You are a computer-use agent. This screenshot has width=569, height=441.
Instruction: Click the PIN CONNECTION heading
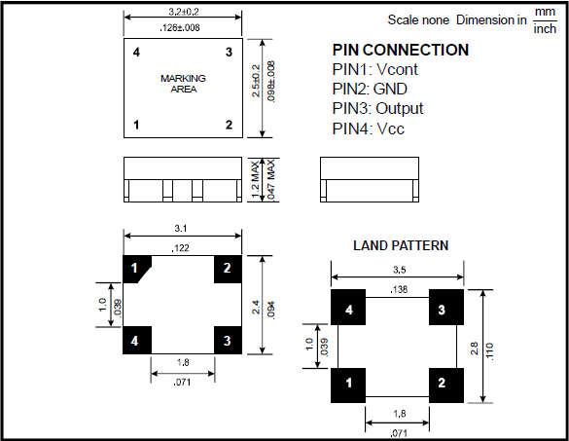pos(401,50)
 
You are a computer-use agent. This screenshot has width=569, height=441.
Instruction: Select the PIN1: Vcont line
pos(374,69)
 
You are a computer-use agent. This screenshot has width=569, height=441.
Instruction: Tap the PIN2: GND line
pos(370,89)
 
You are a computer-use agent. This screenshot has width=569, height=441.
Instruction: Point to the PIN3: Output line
pos(377,109)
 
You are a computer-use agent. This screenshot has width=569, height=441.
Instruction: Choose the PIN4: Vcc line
pos(369,129)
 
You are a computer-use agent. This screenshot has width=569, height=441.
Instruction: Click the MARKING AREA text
pos(183,84)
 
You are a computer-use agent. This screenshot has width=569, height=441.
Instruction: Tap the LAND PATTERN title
pos(401,245)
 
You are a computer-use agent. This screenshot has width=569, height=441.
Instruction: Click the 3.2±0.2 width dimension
pos(184,12)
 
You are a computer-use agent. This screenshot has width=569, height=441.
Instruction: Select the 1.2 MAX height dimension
pos(256,180)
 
